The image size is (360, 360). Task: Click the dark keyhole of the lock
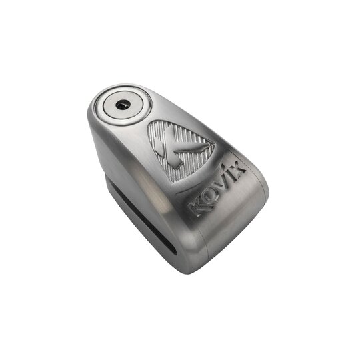pyautogui.click(x=122, y=105)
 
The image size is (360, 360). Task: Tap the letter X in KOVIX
pyautogui.click(x=238, y=169)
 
